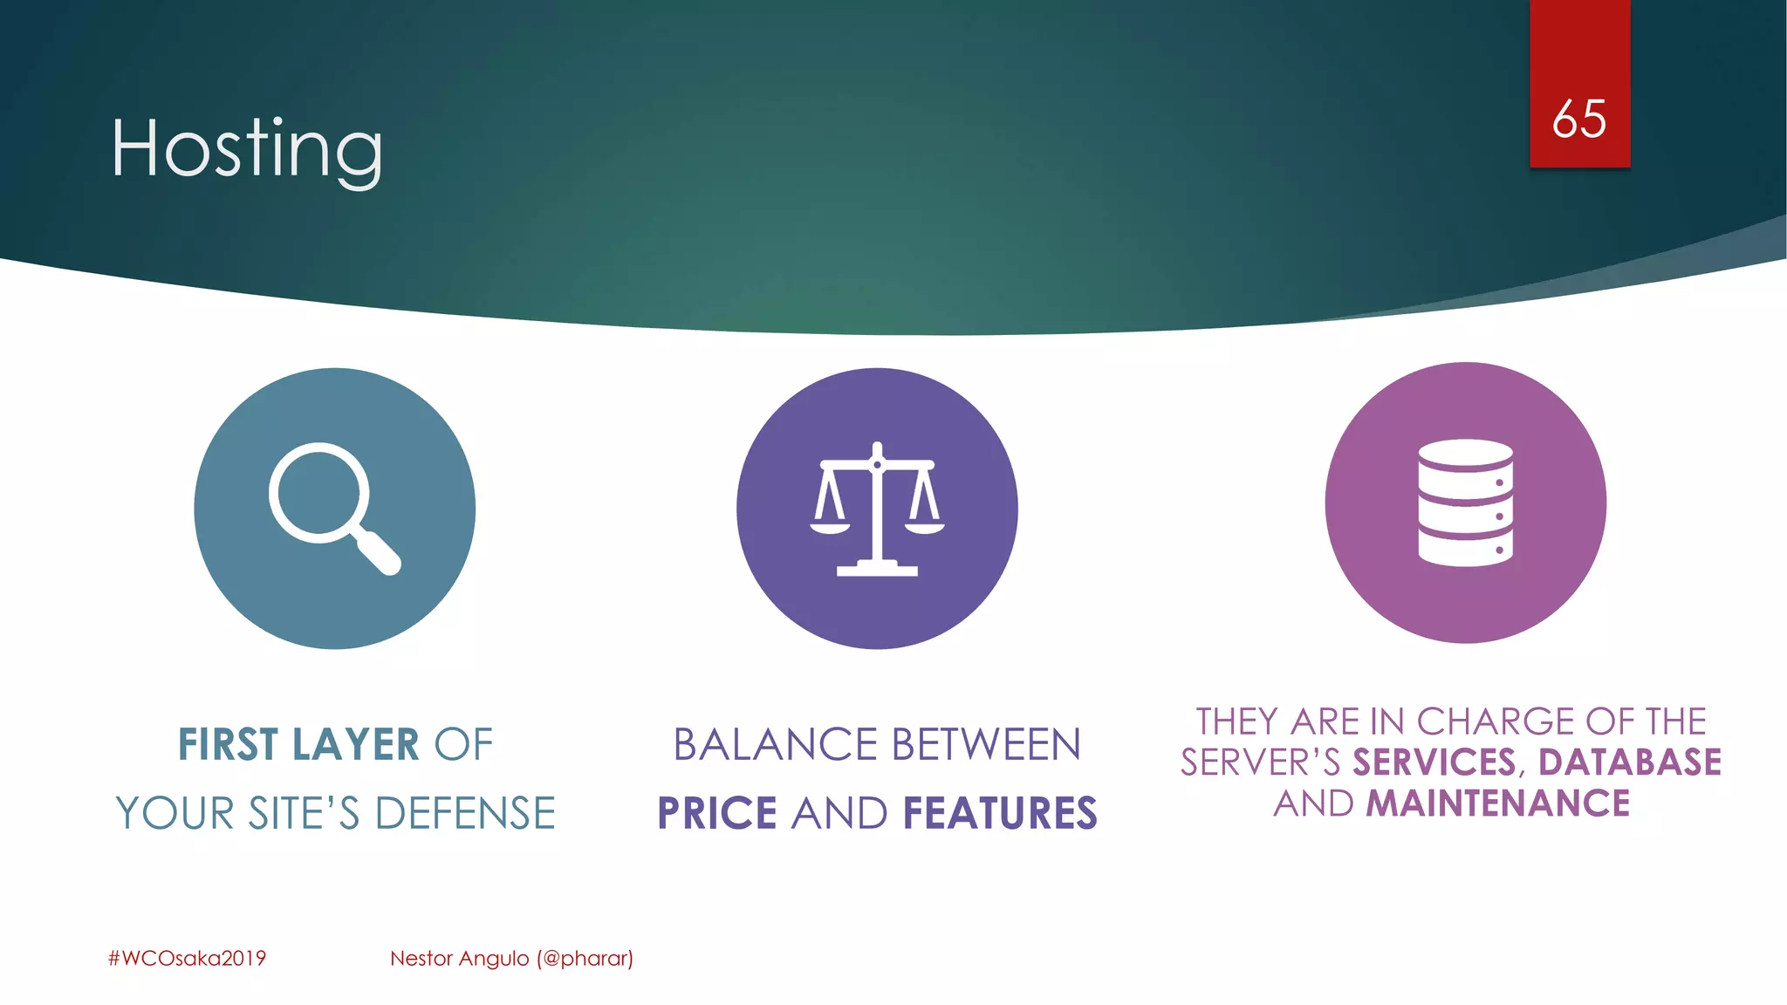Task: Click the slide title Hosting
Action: pyautogui.click(x=247, y=149)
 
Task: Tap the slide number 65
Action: pyautogui.click(x=1578, y=120)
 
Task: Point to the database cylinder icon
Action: pyautogui.click(x=1465, y=502)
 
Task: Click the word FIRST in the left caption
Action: pyautogui.click(x=228, y=745)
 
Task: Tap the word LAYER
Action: pyautogui.click(x=355, y=745)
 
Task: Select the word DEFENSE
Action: pyautogui.click(x=465, y=813)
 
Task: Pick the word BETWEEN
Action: pyautogui.click(x=986, y=745)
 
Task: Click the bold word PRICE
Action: pyautogui.click(x=716, y=813)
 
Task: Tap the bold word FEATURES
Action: pyautogui.click(x=1000, y=813)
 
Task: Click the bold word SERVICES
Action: pyautogui.click(x=1434, y=762)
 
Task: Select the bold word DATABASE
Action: pyautogui.click(x=1629, y=762)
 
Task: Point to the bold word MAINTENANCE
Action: pyautogui.click(x=1497, y=803)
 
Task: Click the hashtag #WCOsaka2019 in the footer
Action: pyautogui.click(x=187, y=958)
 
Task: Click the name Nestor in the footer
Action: pyautogui.click(x=421, y=958)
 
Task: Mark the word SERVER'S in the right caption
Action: pyautogui.click(x=1260, y=762)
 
